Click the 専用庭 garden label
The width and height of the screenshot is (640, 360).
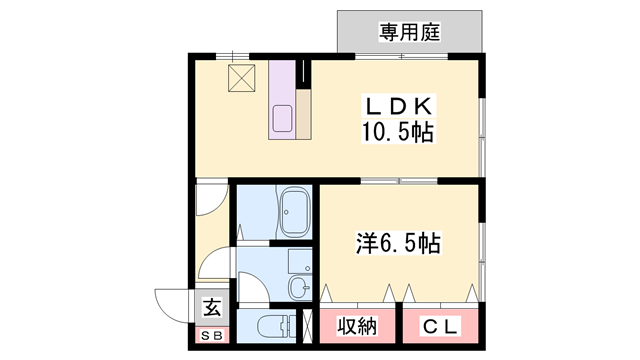pyautogui.click(x=410, y=33)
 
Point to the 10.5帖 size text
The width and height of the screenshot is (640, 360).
pyautogui.click(x=397, y=132)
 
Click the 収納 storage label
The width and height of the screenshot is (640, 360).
pyautogui.click(x=356, y=327)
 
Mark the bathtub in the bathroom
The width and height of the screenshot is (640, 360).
pyautogui.click(x=294, y=212)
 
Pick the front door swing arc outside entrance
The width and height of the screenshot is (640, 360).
pyautogui.click(x=170, y=303)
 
